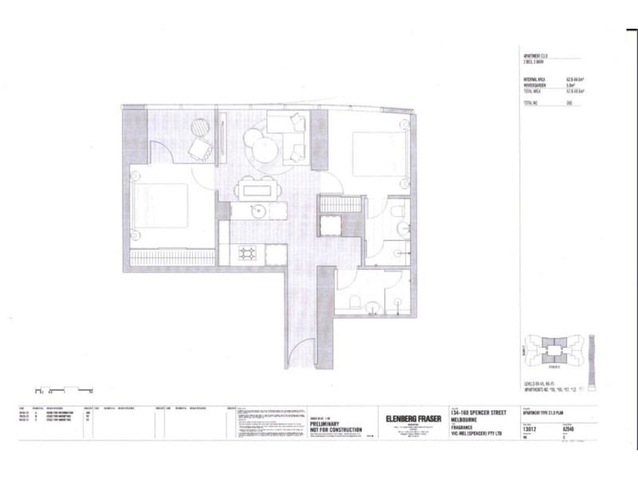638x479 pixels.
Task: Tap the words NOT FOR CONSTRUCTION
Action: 336,430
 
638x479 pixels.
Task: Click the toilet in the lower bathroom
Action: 357,302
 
